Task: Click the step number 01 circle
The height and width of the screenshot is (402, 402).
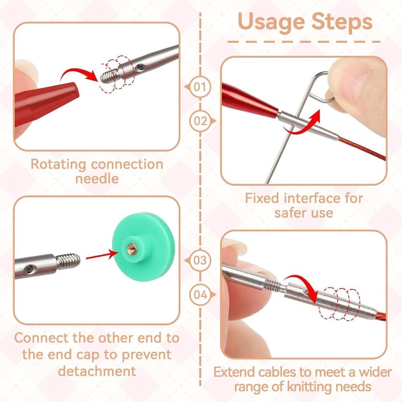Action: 200,87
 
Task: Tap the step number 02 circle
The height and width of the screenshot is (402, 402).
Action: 200,121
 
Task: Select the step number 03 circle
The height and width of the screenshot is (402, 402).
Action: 200,261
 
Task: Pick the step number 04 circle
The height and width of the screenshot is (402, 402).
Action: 200,294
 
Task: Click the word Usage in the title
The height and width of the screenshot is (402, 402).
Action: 271,22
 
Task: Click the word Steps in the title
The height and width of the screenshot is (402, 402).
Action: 342,22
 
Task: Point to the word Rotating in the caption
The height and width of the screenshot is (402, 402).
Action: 58,164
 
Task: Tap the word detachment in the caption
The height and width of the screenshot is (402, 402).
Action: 97,371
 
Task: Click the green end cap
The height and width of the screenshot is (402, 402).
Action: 144,247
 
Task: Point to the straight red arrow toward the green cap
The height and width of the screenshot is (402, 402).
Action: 102,255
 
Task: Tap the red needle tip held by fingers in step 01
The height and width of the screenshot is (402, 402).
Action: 46,102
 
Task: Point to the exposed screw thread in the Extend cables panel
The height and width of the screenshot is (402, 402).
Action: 272,285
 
